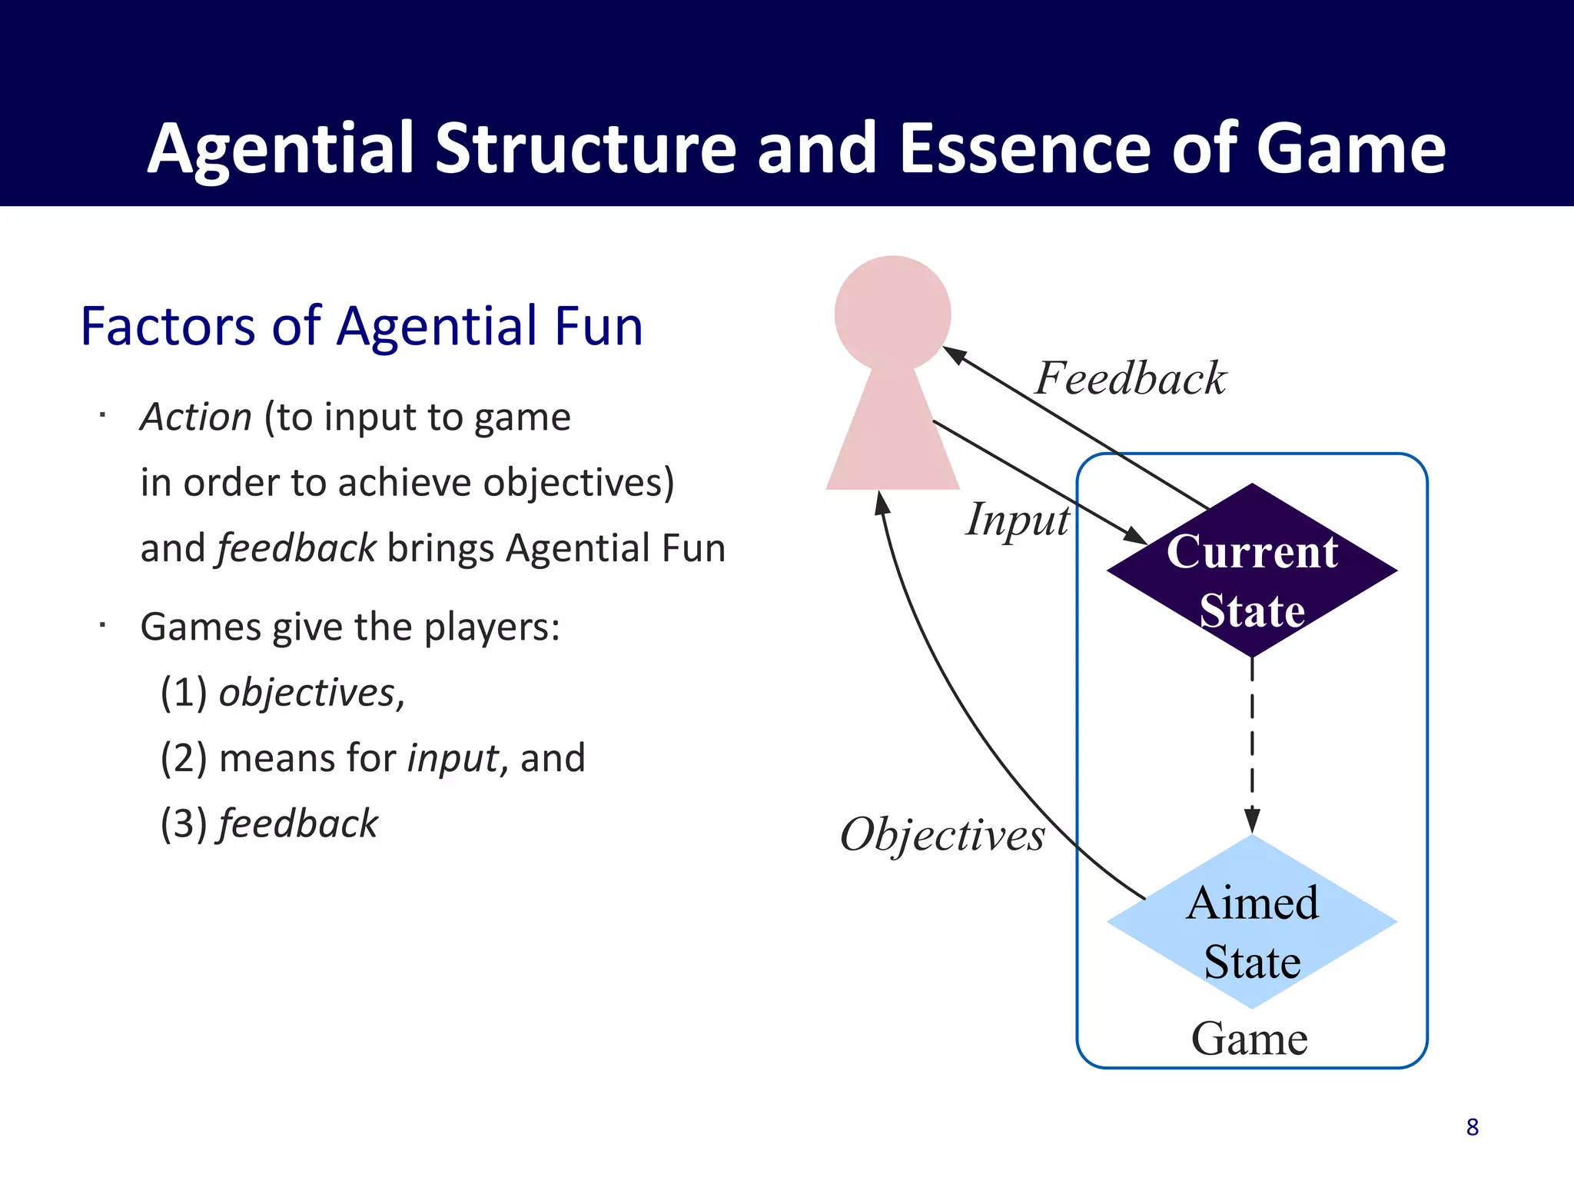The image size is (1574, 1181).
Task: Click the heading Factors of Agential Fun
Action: pyautogui.click(x=361, y=326)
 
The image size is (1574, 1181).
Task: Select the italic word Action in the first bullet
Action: pyautogui.click(x=196, y=418)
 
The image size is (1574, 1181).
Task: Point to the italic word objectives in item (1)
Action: pyautogui.click(x=307, y=693)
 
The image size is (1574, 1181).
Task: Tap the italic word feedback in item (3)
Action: pyautogui.click(x=298, y=824)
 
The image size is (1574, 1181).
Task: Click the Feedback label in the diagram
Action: pyautogui.click(x=1130, y=378)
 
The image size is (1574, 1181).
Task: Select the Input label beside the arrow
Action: pyautogui.click(x=1017, y=521)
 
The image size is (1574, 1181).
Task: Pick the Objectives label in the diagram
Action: pyautogui.click(x=942, y=835)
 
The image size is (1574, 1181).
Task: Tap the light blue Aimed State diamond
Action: pyautogui.click(x=1252, y=923)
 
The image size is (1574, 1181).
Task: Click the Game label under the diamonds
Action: pyautogui.click(x=1249, y=1039)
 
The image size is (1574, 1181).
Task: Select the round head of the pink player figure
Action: pyautogui.click(x=892, y=313)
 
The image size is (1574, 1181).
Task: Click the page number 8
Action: pyautogui.click(x=1472, y=1127)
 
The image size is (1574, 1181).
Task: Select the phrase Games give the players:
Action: pyautogui.click(x=350, y=627)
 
